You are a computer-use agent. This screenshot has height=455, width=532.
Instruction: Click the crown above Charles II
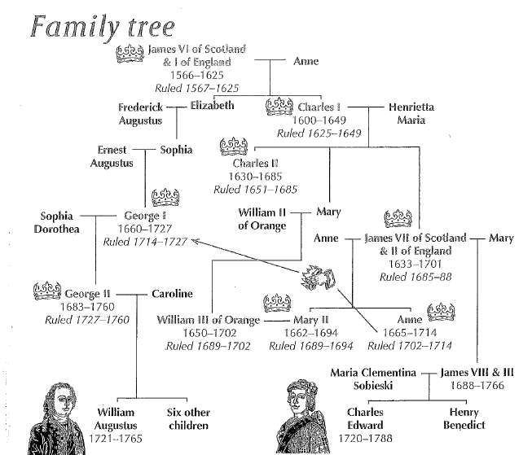pos(234,147)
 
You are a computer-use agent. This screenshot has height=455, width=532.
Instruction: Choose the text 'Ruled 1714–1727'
pos(145,242)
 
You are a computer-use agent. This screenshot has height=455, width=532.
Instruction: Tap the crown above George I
pos(165,198)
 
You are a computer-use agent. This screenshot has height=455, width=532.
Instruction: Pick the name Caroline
pos(172,293)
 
